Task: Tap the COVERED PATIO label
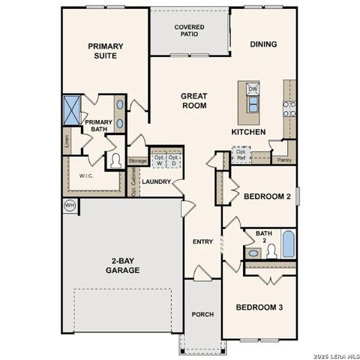[x=190, y=31]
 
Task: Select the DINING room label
[x=262, y=44]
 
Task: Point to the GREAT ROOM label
[x=193, y=100]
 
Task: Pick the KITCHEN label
[x=247, y=132]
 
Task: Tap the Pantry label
[x=283, y=160]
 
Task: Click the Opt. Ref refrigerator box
[x=240, y=155]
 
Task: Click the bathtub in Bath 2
[x=288, y=244]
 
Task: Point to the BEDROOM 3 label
[x=259, y=307]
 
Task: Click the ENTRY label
[x=202, y=241]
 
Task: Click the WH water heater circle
[x=69, y=205]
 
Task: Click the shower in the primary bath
[x=73, y=109]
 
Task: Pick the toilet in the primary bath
[x=116, y=159]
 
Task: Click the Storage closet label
[x=137, y=160]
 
